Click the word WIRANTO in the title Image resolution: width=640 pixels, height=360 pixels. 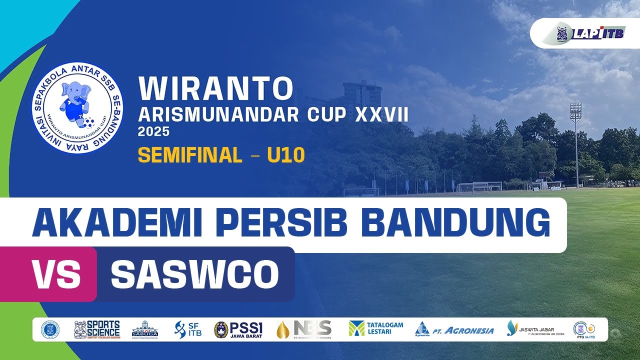pyautogui.click(x=215, y=88)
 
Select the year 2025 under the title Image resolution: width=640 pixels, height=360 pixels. pyautogui.click(x=153, y=132)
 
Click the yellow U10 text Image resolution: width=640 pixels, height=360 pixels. pyautogui.click(x=285, y=156)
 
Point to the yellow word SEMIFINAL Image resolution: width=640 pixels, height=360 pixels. pyautogui.click(x=190, y=156)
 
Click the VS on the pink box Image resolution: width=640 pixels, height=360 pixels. pyautogui.click(x=56, y=274)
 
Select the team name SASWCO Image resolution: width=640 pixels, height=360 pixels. pyautogui.click(x=194, y=274)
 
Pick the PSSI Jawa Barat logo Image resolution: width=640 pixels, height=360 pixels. pyautogui.click(x=238, y=329)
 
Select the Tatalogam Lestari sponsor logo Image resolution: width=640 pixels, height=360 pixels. pyautogui.click(x=376, y=328)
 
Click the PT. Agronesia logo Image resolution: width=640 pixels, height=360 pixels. pyautogui.click(x=454, y=329)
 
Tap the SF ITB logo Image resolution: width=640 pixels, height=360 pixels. pyautogui.click(x=188, y=329)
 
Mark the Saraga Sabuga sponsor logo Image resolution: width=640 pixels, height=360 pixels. pyautogui.click(x=145, y=329)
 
